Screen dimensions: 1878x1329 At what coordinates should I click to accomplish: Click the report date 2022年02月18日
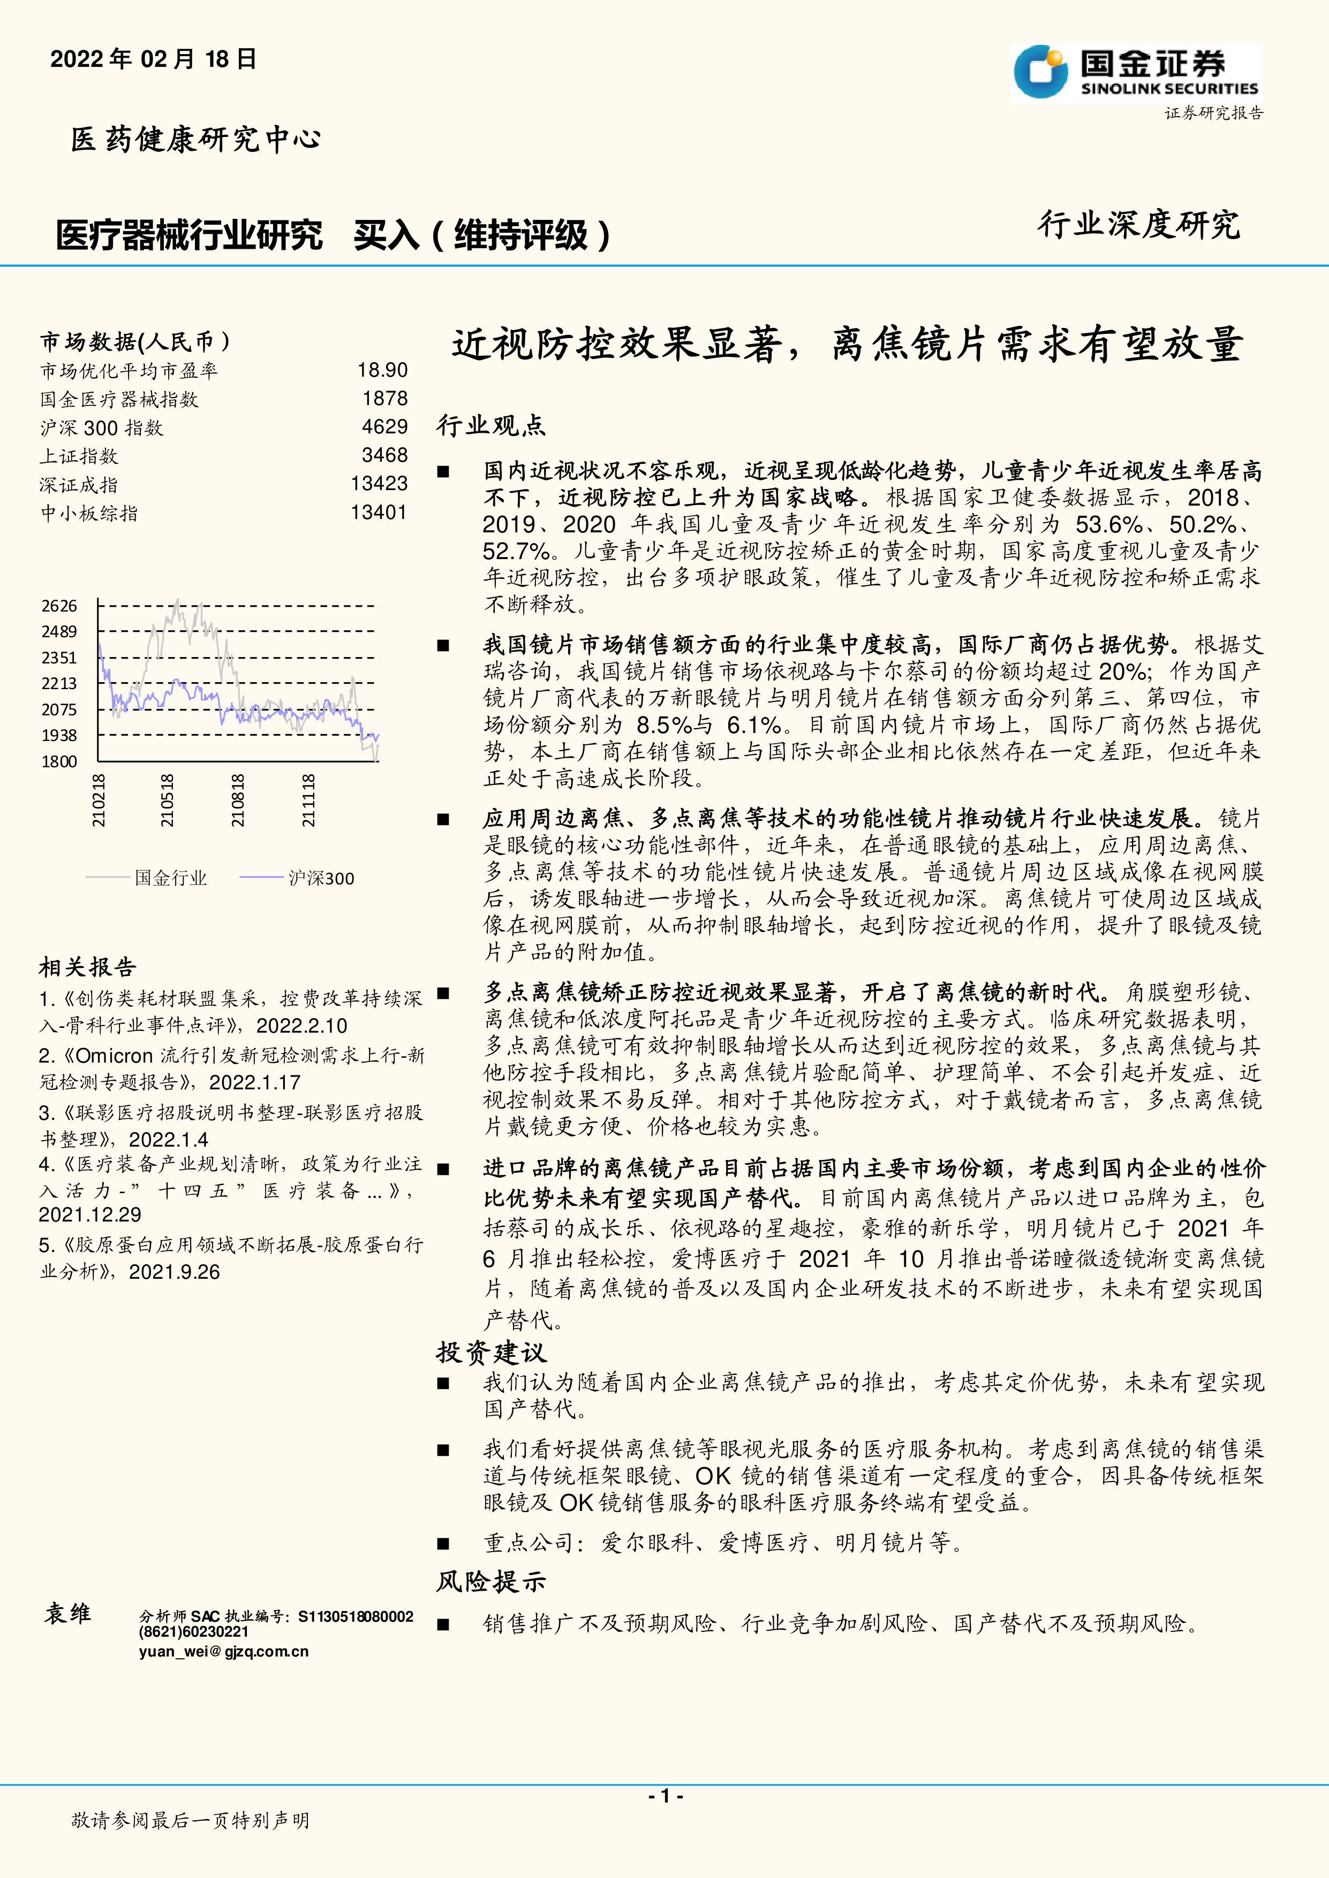click(153, 59)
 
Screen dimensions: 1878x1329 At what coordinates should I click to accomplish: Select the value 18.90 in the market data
click(382, 371)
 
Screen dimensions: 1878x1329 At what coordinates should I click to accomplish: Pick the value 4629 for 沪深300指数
click(384, 427)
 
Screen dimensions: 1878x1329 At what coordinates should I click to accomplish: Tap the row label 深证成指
click(79, 485)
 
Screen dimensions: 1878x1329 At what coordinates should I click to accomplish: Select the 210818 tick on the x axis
click(237, 801)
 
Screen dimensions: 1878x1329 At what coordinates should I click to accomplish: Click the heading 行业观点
click(491, 425)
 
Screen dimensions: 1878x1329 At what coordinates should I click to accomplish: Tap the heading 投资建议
click(491, 1352)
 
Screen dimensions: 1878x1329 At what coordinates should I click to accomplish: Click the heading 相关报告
click(88, 968)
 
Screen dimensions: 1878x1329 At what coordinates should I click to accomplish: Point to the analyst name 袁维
click(67, 1614)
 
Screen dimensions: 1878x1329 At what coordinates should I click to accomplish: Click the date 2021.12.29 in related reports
click(90, 1215)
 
